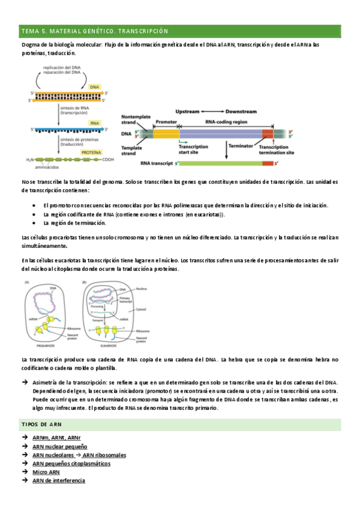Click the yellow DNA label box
pos(94,87)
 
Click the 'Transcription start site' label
pos(193,149)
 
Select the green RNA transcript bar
pos(225,163)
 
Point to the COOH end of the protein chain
pos(108,160)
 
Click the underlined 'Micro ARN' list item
pos(46,472)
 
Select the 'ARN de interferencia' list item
pos(59,480)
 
